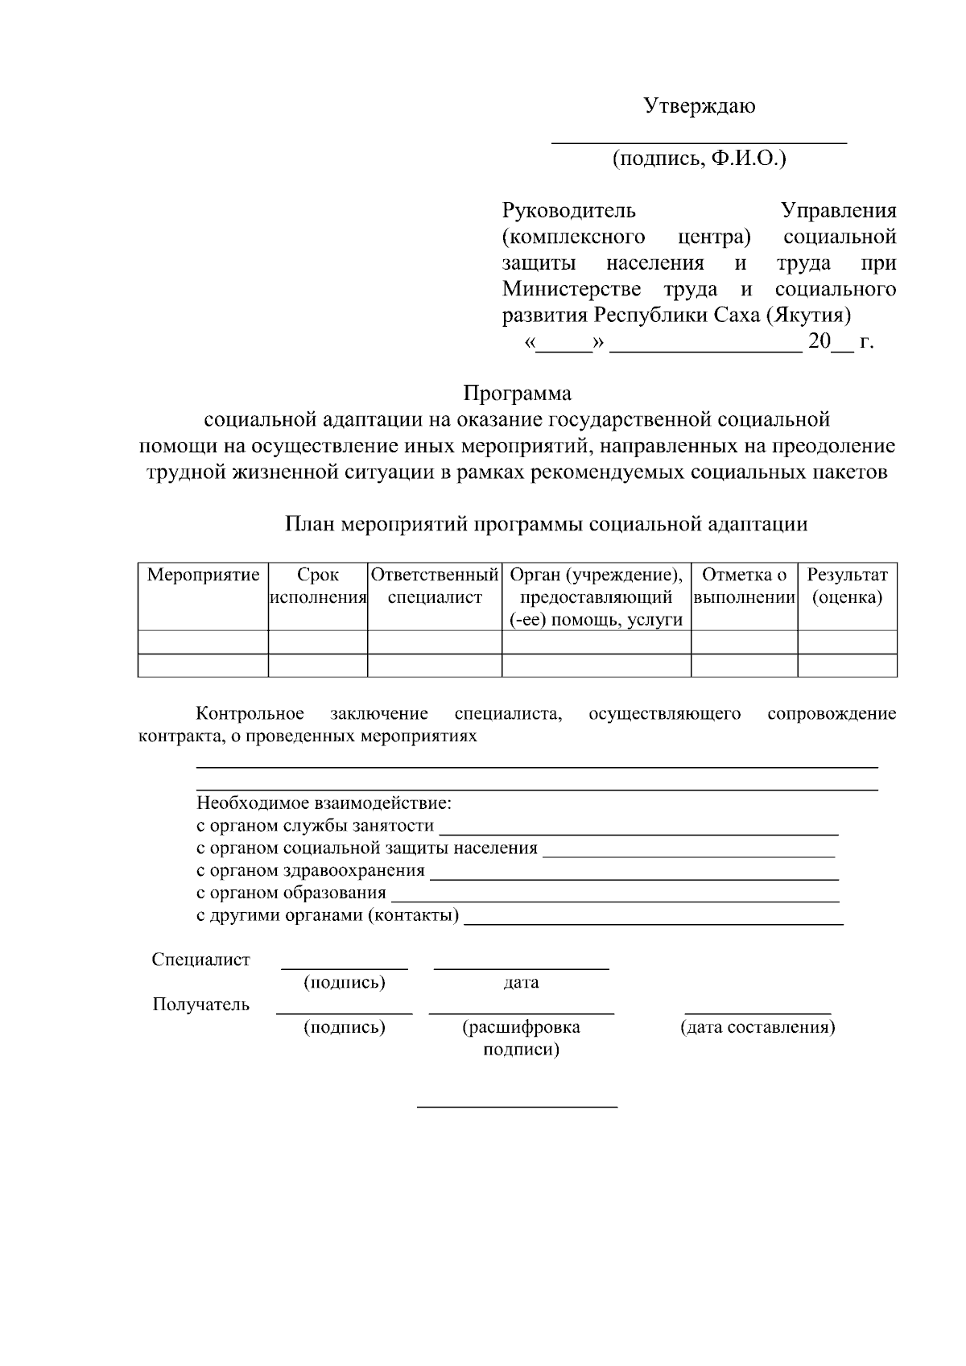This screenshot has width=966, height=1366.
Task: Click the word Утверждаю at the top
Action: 699,106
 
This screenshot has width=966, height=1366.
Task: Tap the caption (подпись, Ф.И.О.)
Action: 699,159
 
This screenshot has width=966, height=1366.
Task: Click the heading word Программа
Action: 517,394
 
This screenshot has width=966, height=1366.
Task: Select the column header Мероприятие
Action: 203,576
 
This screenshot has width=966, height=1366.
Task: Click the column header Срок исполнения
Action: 317,587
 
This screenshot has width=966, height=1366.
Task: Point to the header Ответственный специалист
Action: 435,587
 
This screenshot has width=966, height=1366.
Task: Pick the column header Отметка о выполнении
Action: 744,587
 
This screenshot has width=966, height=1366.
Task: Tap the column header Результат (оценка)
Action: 847,587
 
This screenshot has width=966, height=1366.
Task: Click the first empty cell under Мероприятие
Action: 203,642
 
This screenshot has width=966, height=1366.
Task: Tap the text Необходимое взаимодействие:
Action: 324,803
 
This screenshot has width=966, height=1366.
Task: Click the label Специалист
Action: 201,960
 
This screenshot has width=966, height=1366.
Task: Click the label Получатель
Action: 201,1005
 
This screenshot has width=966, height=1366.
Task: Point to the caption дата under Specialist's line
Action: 521,983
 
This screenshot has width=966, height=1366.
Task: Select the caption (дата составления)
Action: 758,1028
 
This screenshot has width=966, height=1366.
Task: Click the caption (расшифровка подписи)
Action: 521,1038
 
